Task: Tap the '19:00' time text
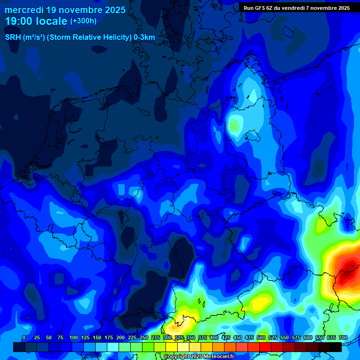pyautogui.click(x=20, y=21)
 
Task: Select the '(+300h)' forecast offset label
pyautogui.click(x=83, y=21)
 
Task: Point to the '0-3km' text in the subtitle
pyautogui.click(x=144, y=37)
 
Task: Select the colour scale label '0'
pyautogui.click(x=24, y=337)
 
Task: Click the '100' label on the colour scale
pyautogui.click(x=74, y=337)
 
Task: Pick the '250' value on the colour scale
pyautogui.click(x=144, y=337)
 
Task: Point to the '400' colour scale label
pyautogui.click(x=214, y=337)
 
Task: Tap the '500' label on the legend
pyautogui.click(x=261, y=337)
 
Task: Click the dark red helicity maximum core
pyautogui.click(x=348, y=271)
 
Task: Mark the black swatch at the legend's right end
pyautogui.click(x=336, y=347)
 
